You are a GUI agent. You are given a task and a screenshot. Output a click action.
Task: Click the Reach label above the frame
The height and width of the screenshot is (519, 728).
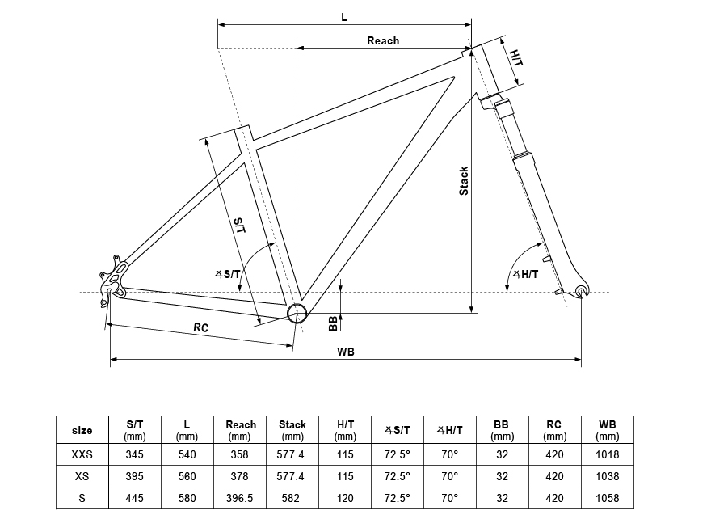click(x=383, y=41)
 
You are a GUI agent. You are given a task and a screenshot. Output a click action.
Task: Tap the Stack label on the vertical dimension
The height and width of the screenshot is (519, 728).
click(x=464, y=181)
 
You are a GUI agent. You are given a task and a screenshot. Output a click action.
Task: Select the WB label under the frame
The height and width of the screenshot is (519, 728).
click(x=346, y=352)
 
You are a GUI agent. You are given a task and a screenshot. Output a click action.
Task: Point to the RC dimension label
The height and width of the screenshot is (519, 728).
click(x=201, y=327)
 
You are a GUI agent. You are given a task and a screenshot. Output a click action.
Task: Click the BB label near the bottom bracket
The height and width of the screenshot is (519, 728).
click(x=333, y=323)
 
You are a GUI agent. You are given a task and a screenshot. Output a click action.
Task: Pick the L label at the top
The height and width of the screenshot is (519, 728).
click(x=344, y=17)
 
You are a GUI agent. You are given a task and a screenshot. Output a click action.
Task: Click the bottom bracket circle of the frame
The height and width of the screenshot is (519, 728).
click(x=297, y=314)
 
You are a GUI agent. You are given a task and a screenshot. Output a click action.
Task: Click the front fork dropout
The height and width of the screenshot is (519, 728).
click(x=580, y=291)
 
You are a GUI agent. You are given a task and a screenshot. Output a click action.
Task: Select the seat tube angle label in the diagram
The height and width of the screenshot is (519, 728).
click(x=228, y=274)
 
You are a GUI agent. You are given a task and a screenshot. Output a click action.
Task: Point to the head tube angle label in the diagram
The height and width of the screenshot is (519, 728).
click(x=525, y=274)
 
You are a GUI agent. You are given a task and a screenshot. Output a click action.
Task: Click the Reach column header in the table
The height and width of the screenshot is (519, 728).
click(x=241, y=430)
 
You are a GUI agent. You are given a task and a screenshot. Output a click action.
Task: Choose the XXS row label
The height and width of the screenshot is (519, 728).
click(x=82, y=454)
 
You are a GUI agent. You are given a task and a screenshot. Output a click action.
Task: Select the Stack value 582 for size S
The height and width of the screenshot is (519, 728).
click(x=291, y=498)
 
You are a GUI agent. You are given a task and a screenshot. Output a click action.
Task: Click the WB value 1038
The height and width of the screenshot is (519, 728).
click(x=608, y=476)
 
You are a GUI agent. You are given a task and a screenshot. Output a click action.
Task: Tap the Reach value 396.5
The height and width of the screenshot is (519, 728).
click(x=240, y=498)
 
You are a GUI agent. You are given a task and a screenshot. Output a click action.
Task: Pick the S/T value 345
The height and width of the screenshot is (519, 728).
click(x=135, y=454)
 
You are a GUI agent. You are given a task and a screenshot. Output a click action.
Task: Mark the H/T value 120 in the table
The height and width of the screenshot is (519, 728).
click(x=345, y=498)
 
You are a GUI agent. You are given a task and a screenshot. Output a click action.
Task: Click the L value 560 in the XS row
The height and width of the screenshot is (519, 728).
click(x=187, y=476)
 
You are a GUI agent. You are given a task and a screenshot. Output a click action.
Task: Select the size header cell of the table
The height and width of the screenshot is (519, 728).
click(x=82, y=430)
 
